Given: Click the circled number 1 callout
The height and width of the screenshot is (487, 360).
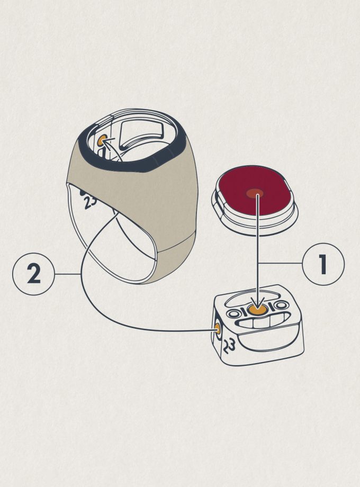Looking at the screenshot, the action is (x=323, y=264).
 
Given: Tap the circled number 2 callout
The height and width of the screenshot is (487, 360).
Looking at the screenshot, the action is (x=33, y=274).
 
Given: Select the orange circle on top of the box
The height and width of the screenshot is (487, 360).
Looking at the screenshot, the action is (x=258, y=310).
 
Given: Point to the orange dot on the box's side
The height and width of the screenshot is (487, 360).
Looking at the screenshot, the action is (x=218, y=329).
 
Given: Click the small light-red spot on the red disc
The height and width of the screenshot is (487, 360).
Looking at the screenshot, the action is (x=255, y=194).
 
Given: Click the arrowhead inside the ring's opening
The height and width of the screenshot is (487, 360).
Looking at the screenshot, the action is (x=105, y=142).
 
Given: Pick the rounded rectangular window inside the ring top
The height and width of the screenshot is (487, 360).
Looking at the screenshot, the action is (x=142, y=134).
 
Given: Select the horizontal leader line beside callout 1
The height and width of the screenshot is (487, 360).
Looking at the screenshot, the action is (x=280, y=264).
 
